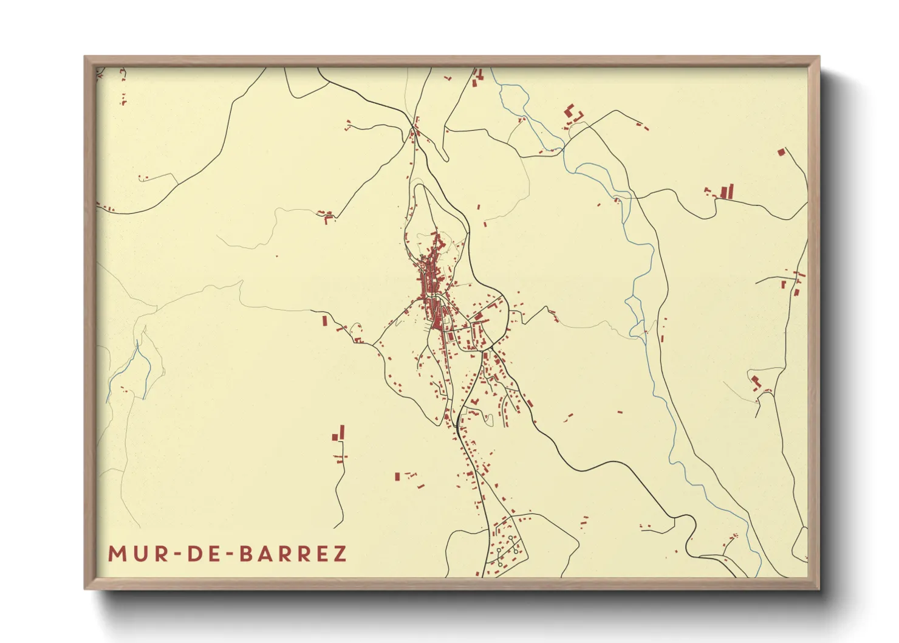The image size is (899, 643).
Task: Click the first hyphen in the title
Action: tap(175, 554)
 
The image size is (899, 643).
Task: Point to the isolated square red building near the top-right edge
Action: tap(781, 152)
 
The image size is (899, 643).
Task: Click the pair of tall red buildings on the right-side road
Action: tap(726, 191)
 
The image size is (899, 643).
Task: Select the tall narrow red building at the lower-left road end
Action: tap(342, 432)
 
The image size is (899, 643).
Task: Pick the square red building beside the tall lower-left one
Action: tap(334, 437)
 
